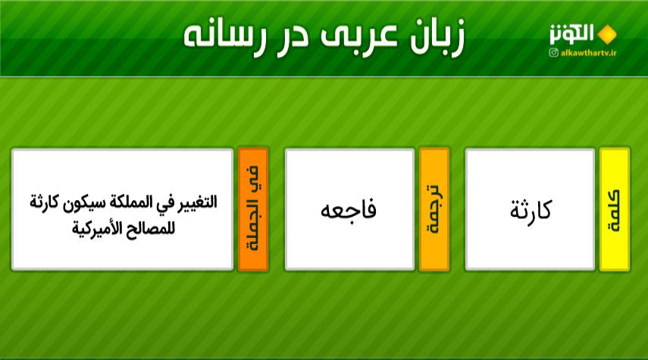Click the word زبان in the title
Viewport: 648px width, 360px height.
click(x=437, y=36)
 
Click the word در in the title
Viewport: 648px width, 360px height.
click(x=293, y=38)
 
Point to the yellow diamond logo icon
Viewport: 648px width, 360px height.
click(x=606, y=34)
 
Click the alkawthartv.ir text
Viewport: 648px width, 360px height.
click(x=588, y=52)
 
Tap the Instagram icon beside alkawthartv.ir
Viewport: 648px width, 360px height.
click(x=554, y=52)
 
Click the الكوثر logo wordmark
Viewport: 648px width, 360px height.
click(x=571, y=33)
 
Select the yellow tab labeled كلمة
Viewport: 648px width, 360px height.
click(x=615, y=209)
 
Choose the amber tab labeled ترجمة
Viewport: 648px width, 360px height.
click(x=434, y=209)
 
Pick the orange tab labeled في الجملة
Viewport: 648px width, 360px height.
click(x=253, y=209)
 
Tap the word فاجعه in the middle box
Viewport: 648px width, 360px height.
click(x=349, y=209)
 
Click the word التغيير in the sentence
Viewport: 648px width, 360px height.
click(x=197, y=202)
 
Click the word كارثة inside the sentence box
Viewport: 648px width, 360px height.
click(x=44, y=203)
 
